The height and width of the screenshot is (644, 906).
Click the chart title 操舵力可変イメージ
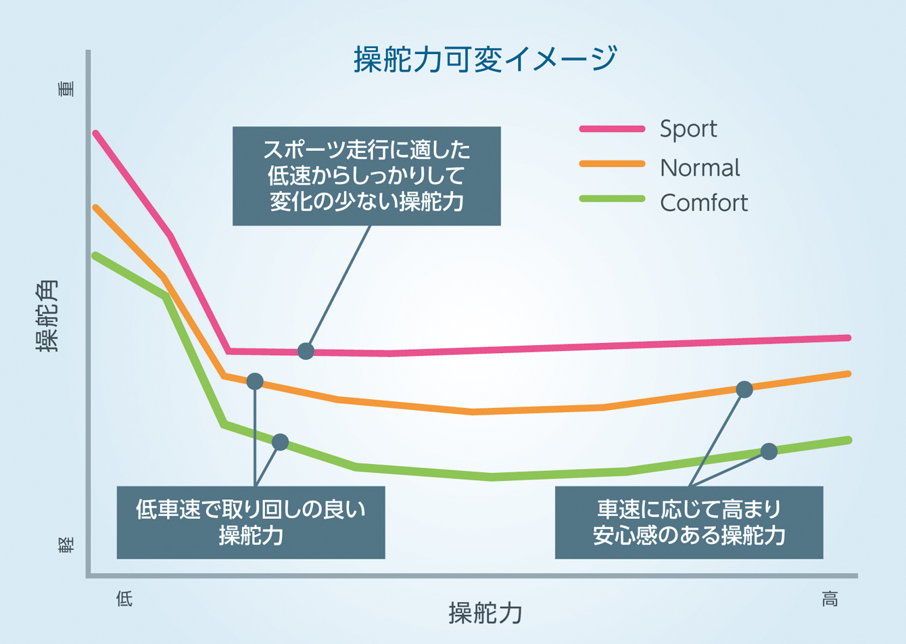click(x=485, y=59)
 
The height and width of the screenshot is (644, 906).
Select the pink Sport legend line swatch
click(x=612, y=129)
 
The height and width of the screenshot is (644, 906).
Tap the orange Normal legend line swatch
click(x=612, y=164)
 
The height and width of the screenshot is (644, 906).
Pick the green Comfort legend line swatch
click(x=612, y=199)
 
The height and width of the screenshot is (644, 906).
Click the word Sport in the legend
click(x=688, y=129)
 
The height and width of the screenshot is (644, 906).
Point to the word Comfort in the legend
click(x=704, y=202)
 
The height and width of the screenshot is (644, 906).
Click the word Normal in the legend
click(x=700, y=167)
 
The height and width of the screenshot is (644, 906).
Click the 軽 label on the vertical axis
click(x=66, y=545)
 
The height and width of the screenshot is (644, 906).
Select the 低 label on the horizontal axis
click(x=124, y=599)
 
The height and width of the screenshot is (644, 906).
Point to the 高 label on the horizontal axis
click(x=830, y=599)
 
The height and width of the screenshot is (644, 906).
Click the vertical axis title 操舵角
click(x=47, y=316)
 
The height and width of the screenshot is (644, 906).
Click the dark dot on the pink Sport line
click(x=306, y=351)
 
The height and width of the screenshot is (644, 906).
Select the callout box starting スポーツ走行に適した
click(x=366, y=176)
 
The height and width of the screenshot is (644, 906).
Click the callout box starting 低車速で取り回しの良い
click(x=251, y=522)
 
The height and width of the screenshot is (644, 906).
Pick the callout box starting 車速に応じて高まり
click(x=689, y=522)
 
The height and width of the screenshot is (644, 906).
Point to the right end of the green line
click(x=849, y=440)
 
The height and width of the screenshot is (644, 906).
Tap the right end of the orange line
click(x=849, y=374)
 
